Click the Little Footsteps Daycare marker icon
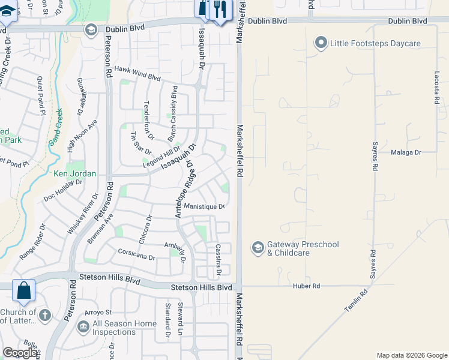(x=321, y=43)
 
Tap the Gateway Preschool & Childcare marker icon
(x=258, y=248)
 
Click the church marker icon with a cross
(x=45, y=315)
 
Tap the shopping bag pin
(x=24, y=291)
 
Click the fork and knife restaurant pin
(x=220, y=9)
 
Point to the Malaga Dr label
(x=406, y=152)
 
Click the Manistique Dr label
(x=204, y=207)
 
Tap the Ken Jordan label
(x=75, y=174)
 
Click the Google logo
(x=20, y=353)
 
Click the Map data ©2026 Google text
(x=411, y=355)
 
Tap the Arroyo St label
(x=98, y=312)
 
